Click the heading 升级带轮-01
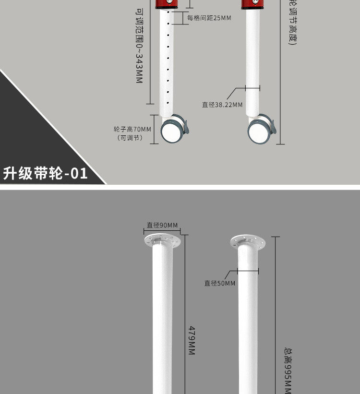[46, 173]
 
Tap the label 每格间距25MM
[209, 18]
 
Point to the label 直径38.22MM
[222, 105]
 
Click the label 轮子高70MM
[132, 129]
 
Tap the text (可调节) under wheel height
[130, 138]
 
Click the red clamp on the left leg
[168, 4]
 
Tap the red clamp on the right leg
[253, 4]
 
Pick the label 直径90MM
[162, 225]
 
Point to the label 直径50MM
[220, 283]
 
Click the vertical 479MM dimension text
[191, 340]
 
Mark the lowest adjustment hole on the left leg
[168, 101]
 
